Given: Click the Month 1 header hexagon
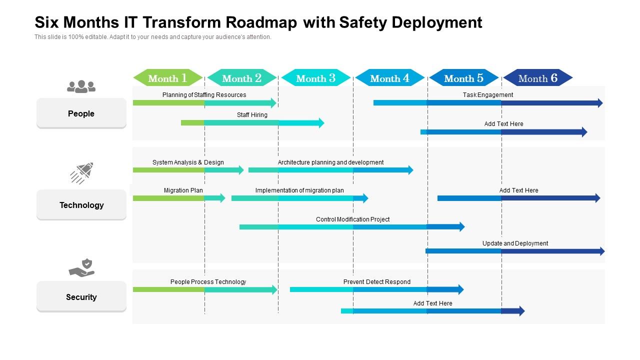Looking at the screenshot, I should coord(168,78).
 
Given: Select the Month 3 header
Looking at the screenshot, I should coord(316,78).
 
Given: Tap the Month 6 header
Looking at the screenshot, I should coord(538,78).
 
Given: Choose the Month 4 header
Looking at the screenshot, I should coord(390,78).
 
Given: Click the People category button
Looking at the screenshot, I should coord(81,113).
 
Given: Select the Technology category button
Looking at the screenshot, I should coord(81,205).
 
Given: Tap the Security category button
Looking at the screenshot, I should coord(81,297).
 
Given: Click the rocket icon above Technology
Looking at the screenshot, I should coord(82,172).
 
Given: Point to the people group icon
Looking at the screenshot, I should coord(81,86).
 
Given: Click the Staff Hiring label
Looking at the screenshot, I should coord(252,115).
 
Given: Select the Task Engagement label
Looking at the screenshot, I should coord(488,95).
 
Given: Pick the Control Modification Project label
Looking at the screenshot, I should coord(352,219).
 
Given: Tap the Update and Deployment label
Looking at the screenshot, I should coord(515,243).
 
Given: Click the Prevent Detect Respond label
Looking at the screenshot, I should coord(376,282).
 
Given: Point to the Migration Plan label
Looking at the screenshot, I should coord(183,190).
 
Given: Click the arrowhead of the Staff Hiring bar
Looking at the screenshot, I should coord(321,123).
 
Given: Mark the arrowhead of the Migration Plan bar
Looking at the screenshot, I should coord(222,198).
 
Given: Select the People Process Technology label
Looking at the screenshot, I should coord(208,282).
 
